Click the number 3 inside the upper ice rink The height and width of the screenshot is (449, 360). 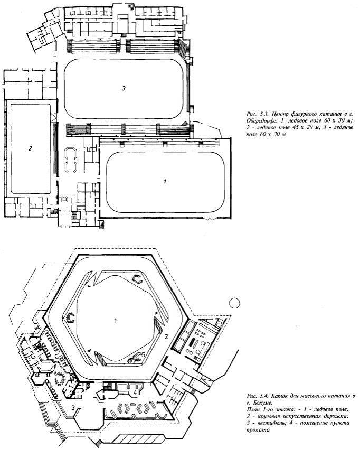123,89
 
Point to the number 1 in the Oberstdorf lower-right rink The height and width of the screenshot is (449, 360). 165,181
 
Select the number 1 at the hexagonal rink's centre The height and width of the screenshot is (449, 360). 115,320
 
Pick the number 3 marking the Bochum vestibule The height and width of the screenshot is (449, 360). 73,407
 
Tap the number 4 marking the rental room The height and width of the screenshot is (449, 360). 136,392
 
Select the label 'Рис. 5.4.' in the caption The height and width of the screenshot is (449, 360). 257,396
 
